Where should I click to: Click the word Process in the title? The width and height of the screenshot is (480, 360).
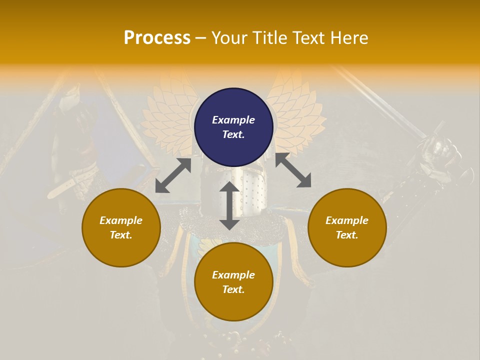[157, 38]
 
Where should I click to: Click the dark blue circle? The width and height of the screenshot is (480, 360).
[233, 127]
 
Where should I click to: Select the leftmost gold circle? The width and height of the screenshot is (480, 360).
[121, 227]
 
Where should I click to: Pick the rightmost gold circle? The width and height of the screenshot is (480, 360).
[347, 227]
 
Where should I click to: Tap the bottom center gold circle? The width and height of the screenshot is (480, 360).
[233, 281]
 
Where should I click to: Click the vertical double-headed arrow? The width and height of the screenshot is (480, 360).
[229, 205]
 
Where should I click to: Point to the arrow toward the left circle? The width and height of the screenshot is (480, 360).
[173, 175]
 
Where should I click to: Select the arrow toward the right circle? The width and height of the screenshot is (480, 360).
[293, 170]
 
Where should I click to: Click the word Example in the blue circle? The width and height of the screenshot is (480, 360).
[233, 120]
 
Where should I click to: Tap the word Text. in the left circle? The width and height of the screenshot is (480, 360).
[121, 235]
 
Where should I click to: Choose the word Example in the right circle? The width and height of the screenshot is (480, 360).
[347, 220]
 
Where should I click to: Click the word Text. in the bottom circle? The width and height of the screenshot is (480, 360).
[233, 289]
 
